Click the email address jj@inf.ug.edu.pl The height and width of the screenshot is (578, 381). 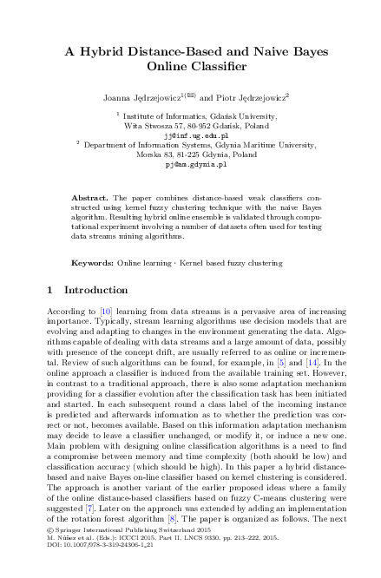click(190, 136)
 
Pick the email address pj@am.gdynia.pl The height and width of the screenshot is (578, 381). click(190, 163)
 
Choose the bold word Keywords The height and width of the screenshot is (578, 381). click(92, 261)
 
